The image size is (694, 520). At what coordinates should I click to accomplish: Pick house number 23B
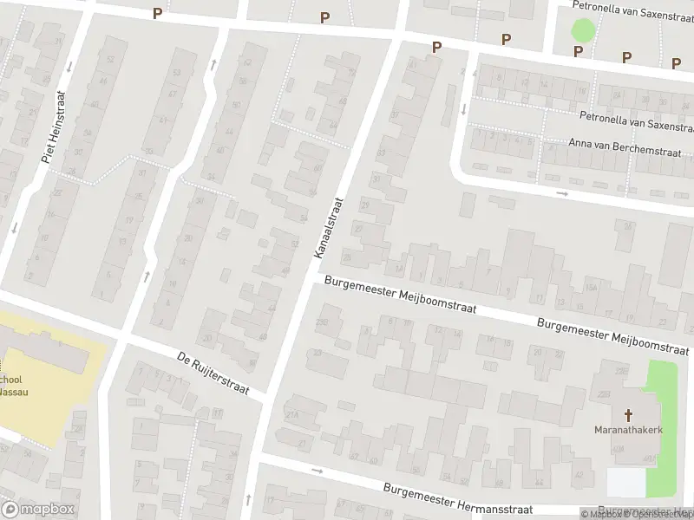pyautogui.click(x=323, y=322)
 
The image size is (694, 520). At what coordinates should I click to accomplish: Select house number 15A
pyautogui.click(x=591, y=287)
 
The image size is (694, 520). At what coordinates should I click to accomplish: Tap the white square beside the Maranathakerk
pyautogui.click(x=626, y=482)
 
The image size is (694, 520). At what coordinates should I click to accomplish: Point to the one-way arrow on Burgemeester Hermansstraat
pyautogui.click(x=317, y=471)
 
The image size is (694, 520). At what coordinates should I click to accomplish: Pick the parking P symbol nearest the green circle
pyautogui.click(x=578, y=51)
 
